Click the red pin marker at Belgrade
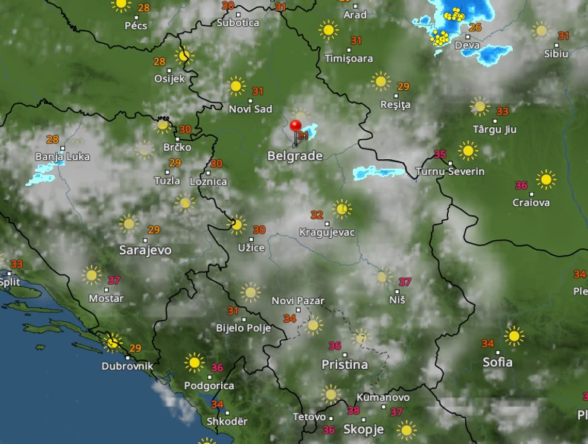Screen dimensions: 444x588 click(295, 127)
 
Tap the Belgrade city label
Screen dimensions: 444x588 click(295, 156)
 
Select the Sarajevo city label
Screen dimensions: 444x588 click(145, 251)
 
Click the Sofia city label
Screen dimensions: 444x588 click(497, 362)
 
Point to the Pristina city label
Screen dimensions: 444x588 click(344, 364)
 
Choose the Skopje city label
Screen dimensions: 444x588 click(363, 429)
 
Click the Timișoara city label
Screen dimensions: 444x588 click(349, 58)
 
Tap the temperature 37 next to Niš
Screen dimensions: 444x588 click(405, 282)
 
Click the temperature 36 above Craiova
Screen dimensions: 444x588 click(521, 185)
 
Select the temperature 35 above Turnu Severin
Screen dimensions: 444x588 click(440, 155)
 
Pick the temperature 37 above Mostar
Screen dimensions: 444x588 click(114, 280)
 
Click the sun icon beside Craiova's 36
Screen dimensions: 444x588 click(546, 179)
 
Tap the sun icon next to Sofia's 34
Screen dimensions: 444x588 click(514, 336)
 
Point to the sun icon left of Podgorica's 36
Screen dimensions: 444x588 click(194, 362)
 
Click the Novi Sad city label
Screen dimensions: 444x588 click(250, 109)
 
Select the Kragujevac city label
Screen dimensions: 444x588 click(327, 232)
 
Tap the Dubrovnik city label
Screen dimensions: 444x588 click(128, 366)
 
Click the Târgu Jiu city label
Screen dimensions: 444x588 click(494, 129)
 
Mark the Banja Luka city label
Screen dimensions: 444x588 click(63, 157)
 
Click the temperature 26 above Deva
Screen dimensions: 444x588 click(476, 28)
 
